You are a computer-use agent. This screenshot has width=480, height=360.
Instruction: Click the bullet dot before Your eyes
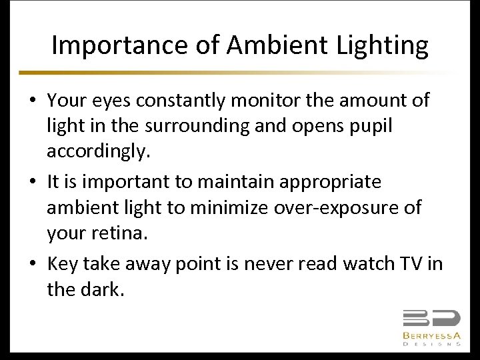[x=32, y=101]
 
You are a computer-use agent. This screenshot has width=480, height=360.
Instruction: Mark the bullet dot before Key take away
[x=32, y=265]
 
